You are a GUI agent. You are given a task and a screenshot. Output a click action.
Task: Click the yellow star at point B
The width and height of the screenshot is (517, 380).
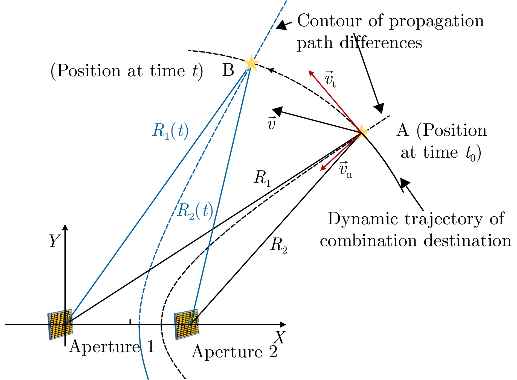click(251, 63)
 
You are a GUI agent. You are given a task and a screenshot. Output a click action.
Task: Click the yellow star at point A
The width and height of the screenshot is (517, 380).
click(362, 132)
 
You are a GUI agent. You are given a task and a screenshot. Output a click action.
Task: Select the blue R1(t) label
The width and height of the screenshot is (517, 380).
click(170, 131)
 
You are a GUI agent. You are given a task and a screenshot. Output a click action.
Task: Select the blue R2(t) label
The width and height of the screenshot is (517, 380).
click(195, 211)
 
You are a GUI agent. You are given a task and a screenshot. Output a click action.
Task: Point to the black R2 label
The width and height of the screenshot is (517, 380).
click(278, 245)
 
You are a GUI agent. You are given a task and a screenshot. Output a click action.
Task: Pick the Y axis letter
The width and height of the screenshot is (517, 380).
click(54, 241)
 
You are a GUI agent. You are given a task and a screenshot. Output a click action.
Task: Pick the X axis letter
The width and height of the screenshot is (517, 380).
click(280, 337)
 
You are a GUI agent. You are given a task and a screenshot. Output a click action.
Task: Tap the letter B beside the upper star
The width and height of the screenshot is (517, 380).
click(228, 70)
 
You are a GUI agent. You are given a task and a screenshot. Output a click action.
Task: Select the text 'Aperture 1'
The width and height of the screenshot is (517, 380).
click(112, 347)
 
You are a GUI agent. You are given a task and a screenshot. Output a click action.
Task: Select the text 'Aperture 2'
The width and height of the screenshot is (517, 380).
click(234, 352)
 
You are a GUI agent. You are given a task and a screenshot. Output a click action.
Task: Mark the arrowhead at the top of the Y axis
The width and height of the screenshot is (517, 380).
click(65, 227)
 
